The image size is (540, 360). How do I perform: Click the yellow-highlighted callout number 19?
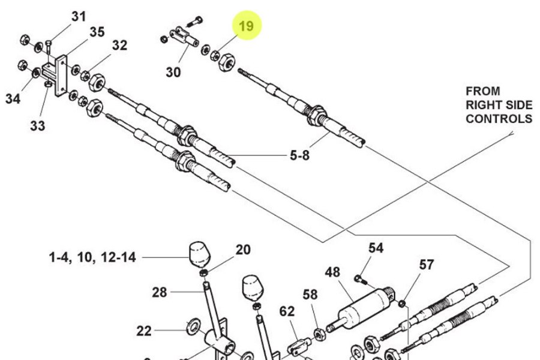click(x=247, y=26)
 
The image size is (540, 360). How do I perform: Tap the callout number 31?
click(x=79, y=16)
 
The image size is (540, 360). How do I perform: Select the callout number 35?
click(x=97, y=32)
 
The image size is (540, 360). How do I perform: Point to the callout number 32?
click(x=119, y=45)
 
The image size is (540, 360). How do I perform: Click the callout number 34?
click(x=13, y=98)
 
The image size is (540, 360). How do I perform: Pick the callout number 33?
click(x=37, y=125)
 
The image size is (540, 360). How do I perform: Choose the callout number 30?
click(x=173, y=73)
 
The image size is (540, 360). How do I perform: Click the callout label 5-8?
click(x=300, y=155)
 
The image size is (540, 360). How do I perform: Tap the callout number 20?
click(x=242, y=250)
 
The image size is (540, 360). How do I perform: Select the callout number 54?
click(x=376, y=248)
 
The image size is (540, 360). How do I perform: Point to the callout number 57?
click(x=426, y=265)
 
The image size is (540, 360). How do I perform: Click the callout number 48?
click(x=332, y=272)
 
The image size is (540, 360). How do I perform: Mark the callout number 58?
click(x=310, y=294)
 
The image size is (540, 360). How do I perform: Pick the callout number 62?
click(x=287, y=311)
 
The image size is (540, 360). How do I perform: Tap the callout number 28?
click(x=159, y=292)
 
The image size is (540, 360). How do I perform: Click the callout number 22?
click(x=144, y=331)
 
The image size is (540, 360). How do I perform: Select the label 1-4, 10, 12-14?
click(x=92, y=258)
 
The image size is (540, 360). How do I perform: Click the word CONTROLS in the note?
click(x=499, y=119)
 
